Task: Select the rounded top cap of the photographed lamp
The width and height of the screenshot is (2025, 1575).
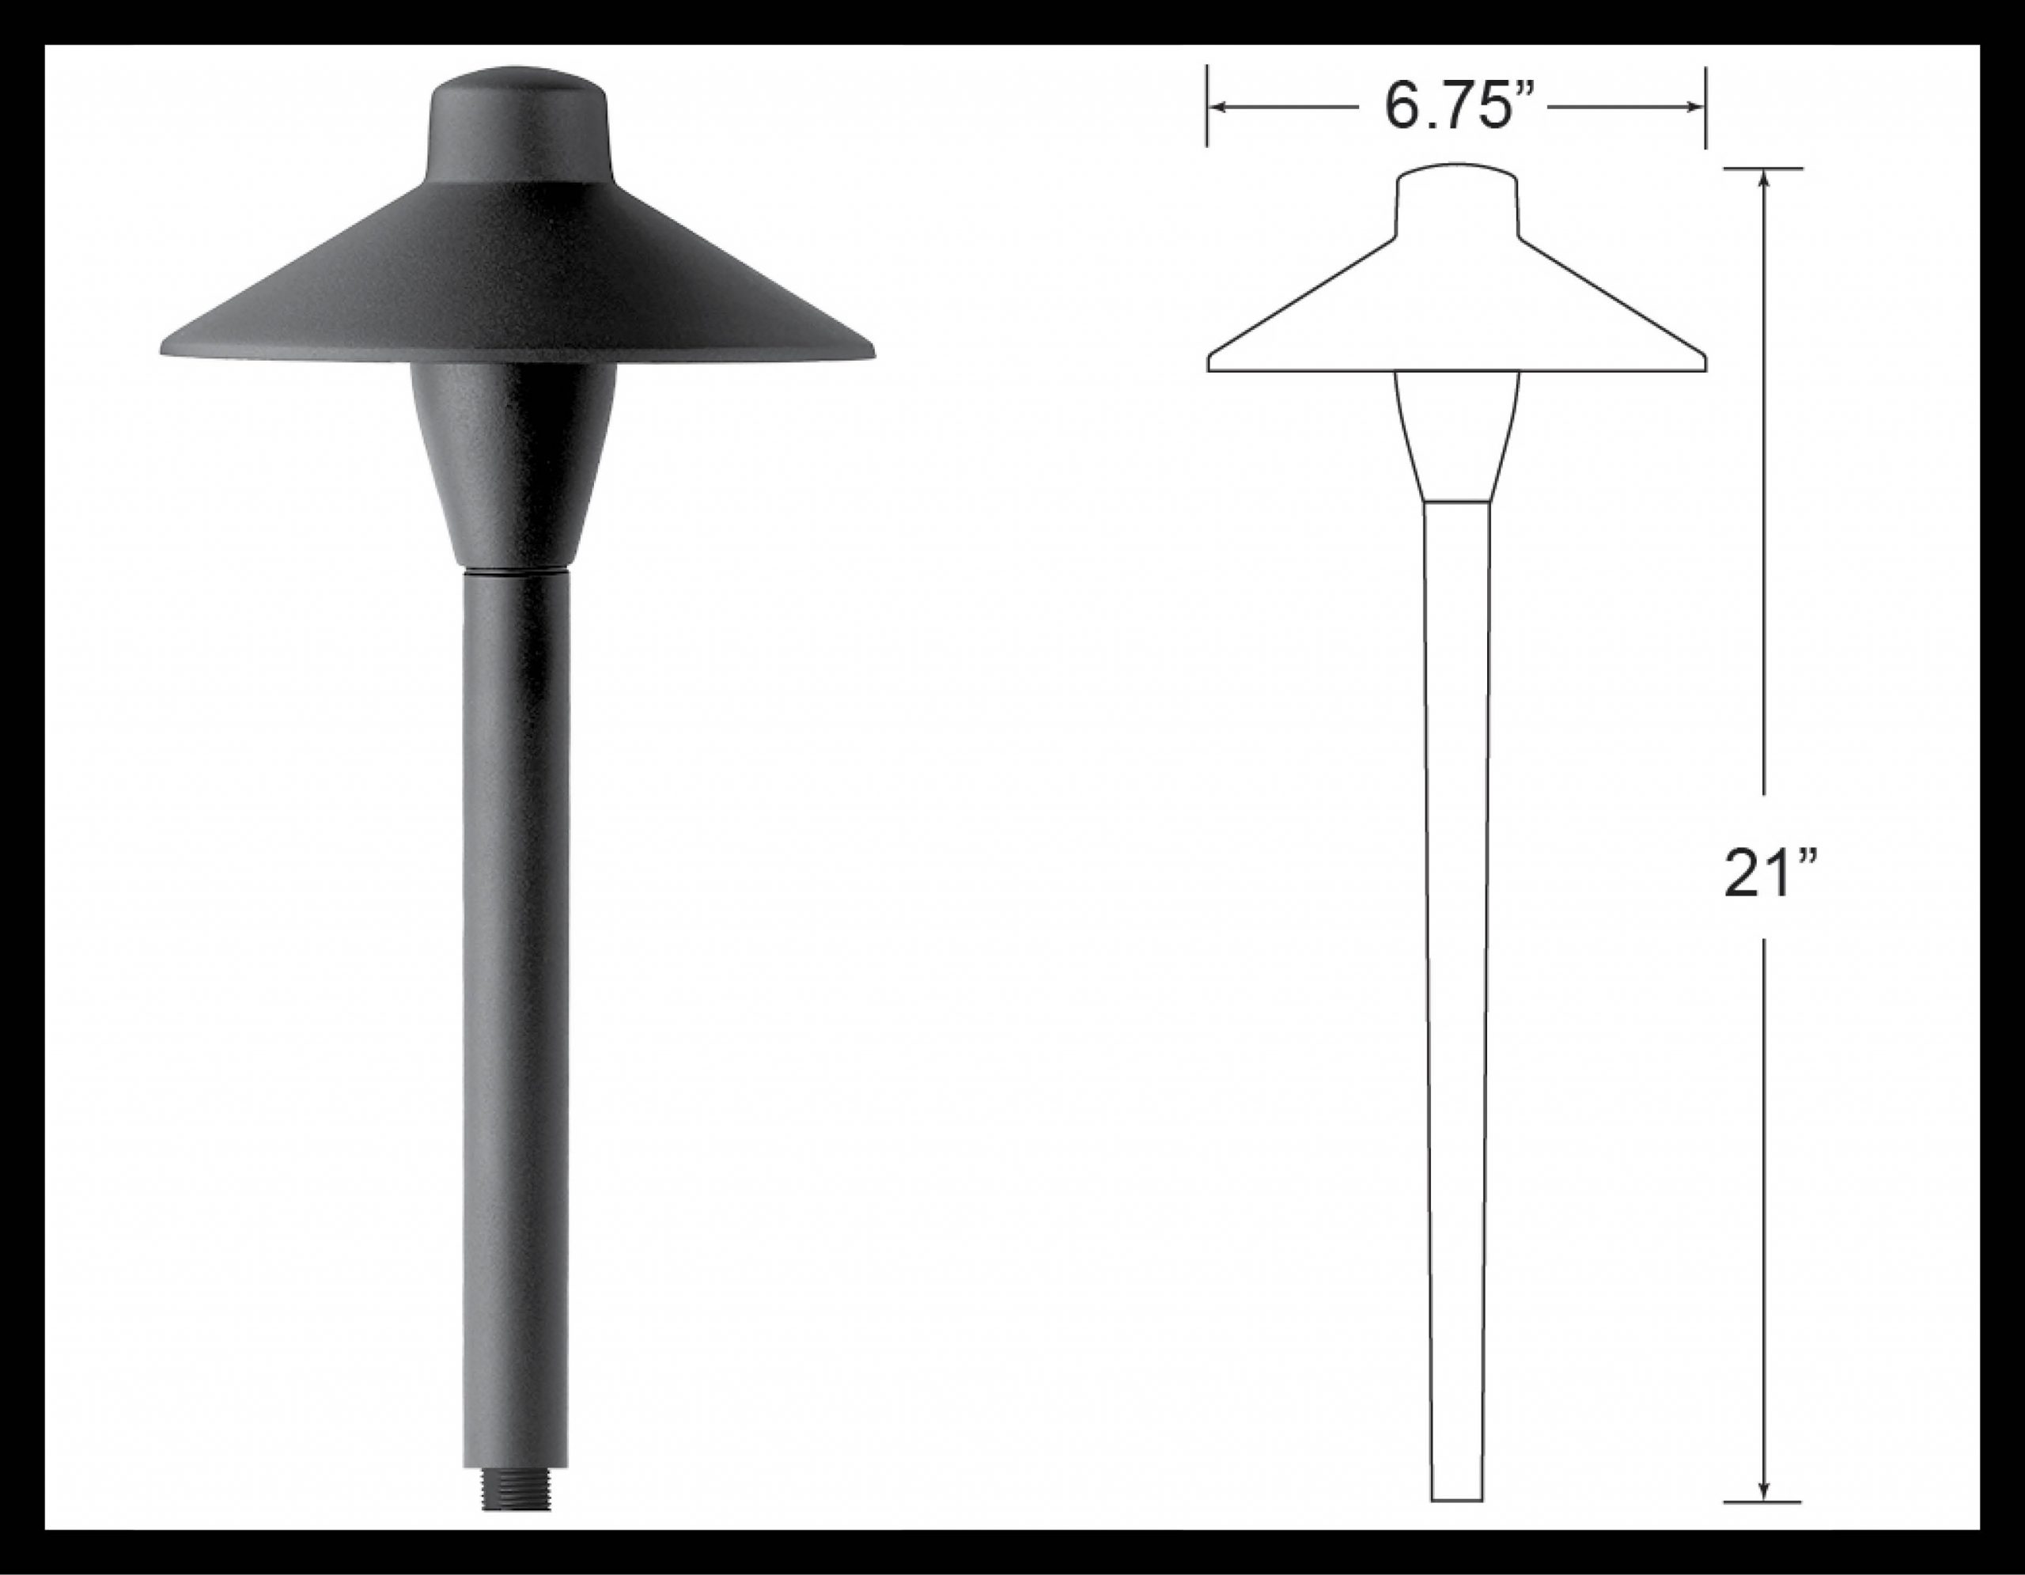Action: tap(517, 120)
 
